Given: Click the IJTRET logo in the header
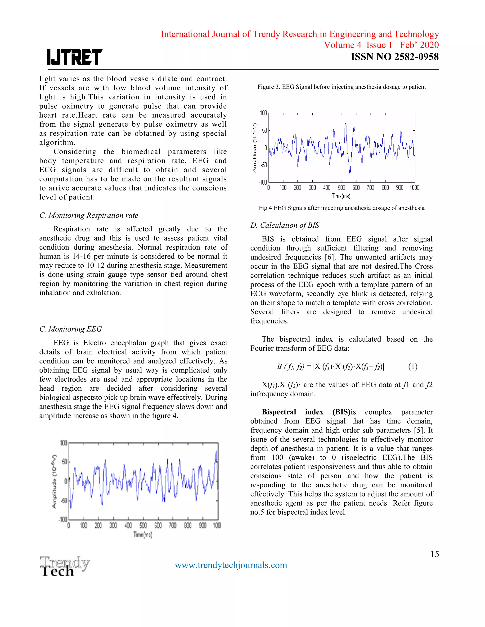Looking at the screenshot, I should (x=74, y=57).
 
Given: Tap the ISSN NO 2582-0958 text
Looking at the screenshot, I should (x=395, y=57).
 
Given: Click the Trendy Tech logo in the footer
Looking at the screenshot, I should (x=65, y=566).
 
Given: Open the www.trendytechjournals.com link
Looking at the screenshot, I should (x=231, y=565).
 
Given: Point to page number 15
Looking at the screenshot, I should (x=434, y=554).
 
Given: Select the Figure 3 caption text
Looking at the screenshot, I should (x=341, y=87).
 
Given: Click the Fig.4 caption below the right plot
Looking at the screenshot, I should (x=341, y=208).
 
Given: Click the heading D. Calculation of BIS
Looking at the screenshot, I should (x=284, y=225).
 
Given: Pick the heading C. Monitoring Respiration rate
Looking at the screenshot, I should (x=89, y=215).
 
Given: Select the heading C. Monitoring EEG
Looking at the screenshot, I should (x=71, y=329).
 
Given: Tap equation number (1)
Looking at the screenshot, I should (x=413, y=366).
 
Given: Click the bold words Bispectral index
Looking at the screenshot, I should (x=292, y=412).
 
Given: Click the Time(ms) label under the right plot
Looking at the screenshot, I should (x=341, y=196).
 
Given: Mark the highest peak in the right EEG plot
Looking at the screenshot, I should (x=346, y=124).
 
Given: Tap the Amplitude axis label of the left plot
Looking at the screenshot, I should (x=54, y=481).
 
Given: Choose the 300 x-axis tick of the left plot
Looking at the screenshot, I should (x=113, y=525).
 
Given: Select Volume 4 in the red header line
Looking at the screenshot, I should (x=342, y=45).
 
